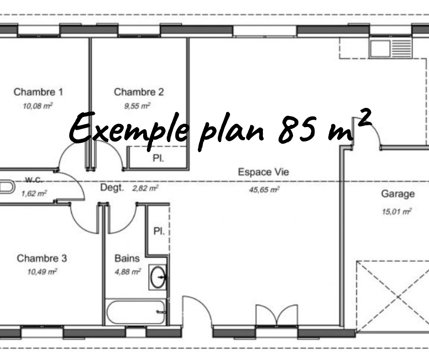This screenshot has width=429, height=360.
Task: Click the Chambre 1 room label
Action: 38,92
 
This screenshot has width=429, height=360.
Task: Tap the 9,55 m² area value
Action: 137,106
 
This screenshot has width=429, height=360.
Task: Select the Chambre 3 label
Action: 42,259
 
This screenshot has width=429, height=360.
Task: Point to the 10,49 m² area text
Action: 42,272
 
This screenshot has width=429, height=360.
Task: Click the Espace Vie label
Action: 263,172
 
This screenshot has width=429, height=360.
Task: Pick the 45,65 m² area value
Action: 264,189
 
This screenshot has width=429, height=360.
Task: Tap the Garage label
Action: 398,194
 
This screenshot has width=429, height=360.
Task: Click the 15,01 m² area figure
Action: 397,212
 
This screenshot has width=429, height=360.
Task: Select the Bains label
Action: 127,259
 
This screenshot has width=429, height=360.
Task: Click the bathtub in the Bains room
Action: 136,312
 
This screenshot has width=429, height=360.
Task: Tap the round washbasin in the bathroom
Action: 158,277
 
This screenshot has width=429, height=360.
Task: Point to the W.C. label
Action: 34,180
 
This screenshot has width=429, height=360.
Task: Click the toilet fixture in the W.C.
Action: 6,187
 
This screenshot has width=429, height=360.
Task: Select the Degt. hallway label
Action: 112,188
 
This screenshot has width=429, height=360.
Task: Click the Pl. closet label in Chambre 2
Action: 158,158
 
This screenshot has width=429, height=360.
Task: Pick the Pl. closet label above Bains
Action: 159,231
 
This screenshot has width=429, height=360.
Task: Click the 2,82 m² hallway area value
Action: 145,188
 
